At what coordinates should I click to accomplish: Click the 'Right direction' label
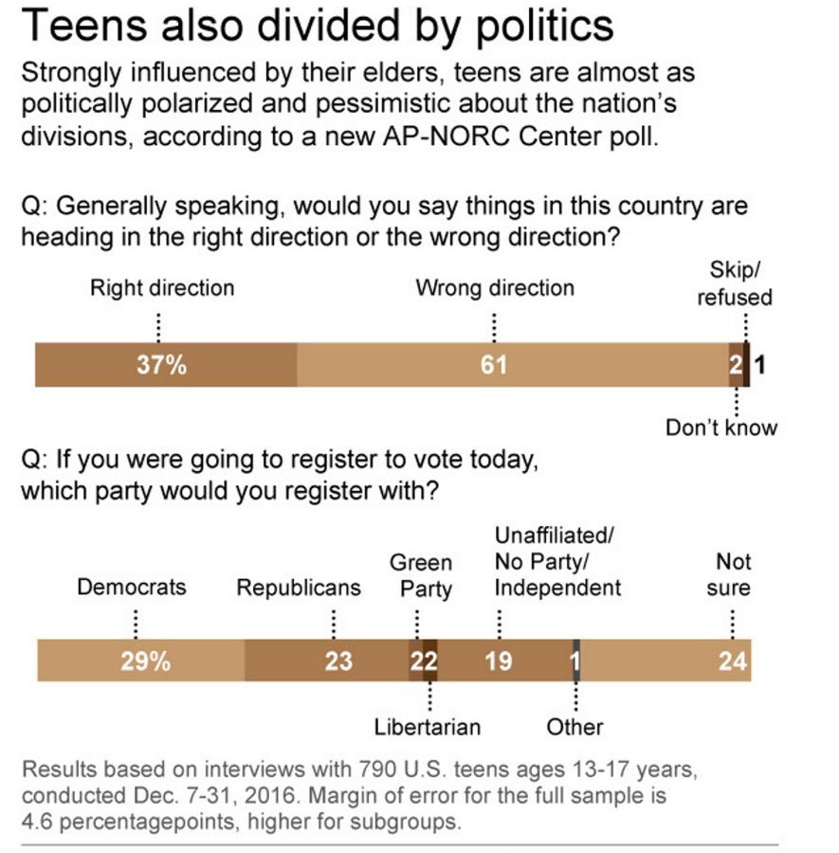coord(161,287)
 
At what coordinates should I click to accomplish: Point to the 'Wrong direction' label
coord(494,287)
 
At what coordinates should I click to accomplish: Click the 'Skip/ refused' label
coord(735,283)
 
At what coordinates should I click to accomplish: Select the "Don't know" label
coord(720,427)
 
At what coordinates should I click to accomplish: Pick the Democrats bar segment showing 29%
coord(141,661)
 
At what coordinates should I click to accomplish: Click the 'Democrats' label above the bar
coord(132,587)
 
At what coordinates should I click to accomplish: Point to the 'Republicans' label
coord(299,588)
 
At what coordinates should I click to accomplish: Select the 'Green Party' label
coord(421,576)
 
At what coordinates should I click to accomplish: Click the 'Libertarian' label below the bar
coord(428,727)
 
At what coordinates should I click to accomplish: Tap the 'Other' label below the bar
coord(575,727)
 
